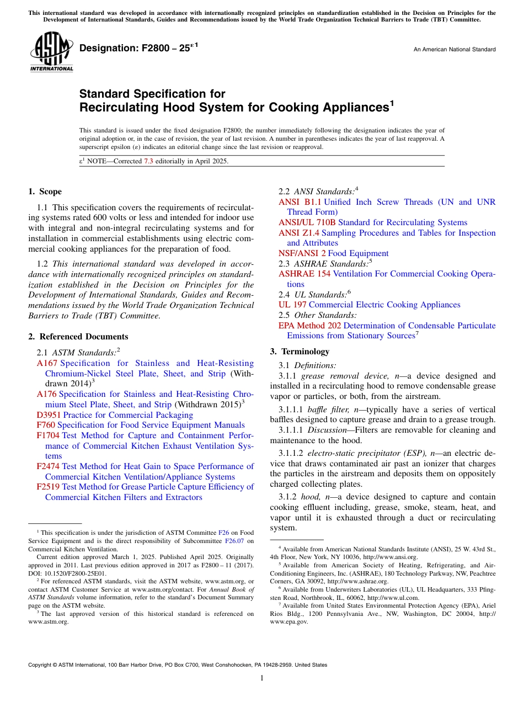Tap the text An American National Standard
pyautogui.click(x=454, y=50)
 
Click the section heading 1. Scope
pyautogui.click(x=45, y=192)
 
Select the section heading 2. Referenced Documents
pyautogui.click(x=78, y=337)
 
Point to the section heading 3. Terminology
pyautogui.click(x=300, y=352)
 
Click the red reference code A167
pyautogui.click(x=47, y=363)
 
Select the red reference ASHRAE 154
pyautogui.click(x=304, y=274)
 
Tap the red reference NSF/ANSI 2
pyautogui.click(x=302, y=253)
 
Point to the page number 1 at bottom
pyautogui.click(x=261, y=678)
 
